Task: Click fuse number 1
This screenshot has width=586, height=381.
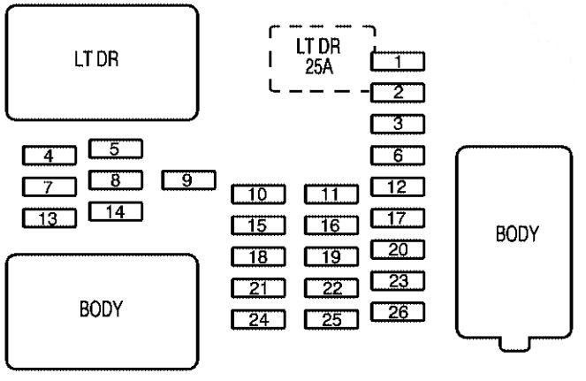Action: pos(398,62)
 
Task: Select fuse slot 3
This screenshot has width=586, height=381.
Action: pos(398,125)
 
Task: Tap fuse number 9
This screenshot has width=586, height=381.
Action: pos(188,180)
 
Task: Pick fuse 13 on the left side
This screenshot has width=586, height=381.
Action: pos(49,217)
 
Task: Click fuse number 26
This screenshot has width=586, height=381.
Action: pos(398,311)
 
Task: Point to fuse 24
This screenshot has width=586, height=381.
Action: pos(259,319)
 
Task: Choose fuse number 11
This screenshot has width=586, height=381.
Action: pos(331,194)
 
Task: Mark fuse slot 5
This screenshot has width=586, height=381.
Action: pos(116,149)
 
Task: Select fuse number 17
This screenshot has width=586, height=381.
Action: pos(398,217)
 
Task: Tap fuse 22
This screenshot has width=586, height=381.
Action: pos(331,288)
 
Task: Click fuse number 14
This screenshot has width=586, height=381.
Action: pos(116,211)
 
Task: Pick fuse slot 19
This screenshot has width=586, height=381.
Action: pos(331,256)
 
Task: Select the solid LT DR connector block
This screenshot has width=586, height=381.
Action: pos(103,61)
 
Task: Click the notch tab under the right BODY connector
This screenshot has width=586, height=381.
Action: pos(515,343)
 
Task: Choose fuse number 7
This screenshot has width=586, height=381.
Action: pos(49,187)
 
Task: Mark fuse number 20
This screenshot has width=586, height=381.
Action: pos(398,249)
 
